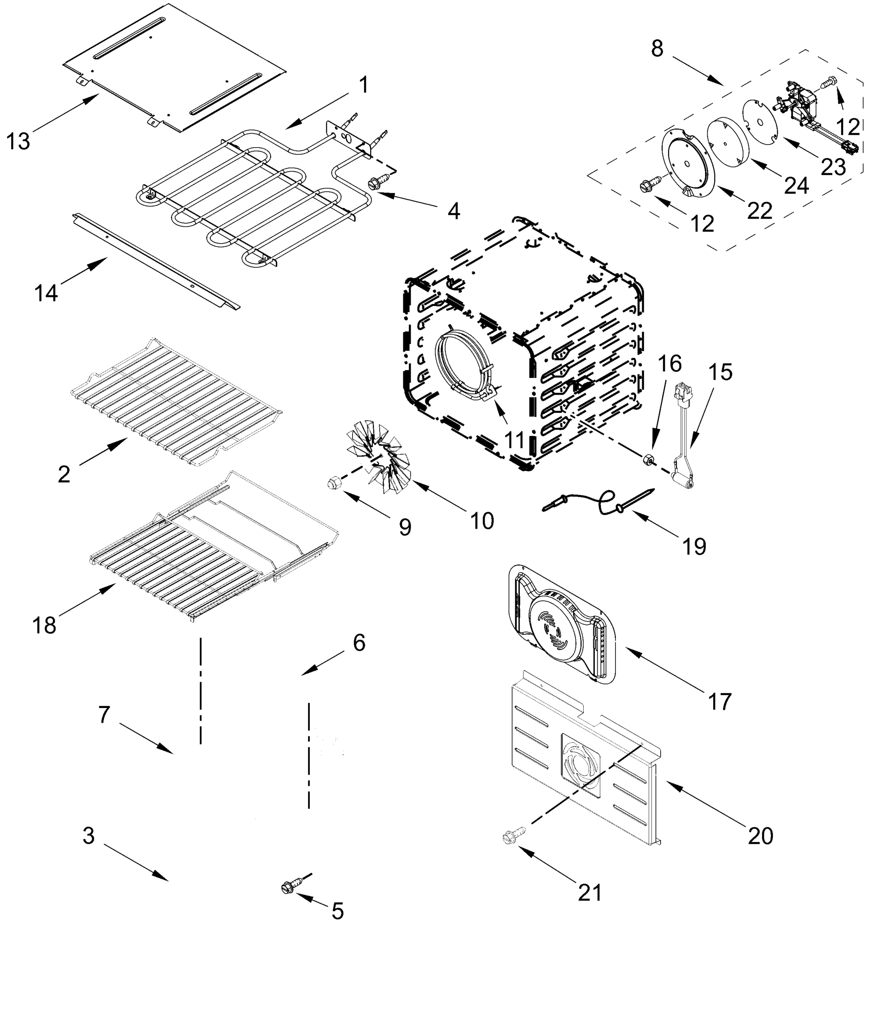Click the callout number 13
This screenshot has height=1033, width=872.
pos(18,141)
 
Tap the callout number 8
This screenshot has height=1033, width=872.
pos(656,49)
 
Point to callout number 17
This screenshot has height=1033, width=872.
pos(719,702)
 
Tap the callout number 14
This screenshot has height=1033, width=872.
pos(46,294)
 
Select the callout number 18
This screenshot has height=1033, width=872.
pos(44,625)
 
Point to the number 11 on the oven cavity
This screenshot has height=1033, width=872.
pos(514,439)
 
